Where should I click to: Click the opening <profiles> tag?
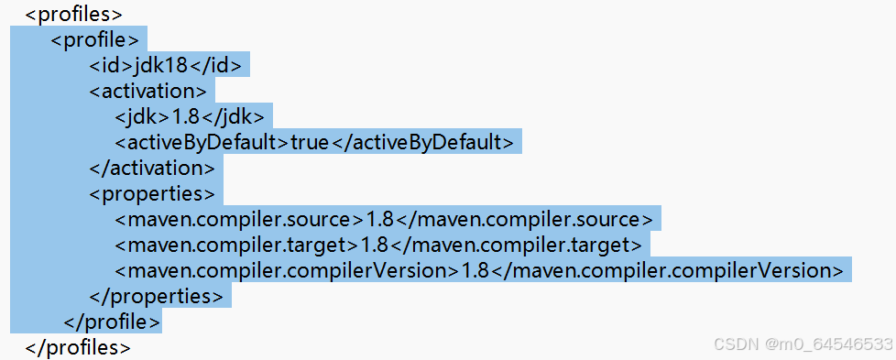click(x=74, y=15)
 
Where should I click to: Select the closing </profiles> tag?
click(x=79, y=347)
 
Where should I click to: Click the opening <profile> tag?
click(x=95, y=40)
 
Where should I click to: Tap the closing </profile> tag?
click(x=112, y=322)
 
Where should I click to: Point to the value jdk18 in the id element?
click(x=163, y=66)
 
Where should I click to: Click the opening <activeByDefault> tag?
click(x=202, y=143)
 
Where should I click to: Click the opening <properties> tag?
click(x=151, y=194)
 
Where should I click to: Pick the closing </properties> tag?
click(x=156, y=296)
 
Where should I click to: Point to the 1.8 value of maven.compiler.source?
click(x=380, y=220)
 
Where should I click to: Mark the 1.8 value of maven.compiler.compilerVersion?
click(x=475, y=270)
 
